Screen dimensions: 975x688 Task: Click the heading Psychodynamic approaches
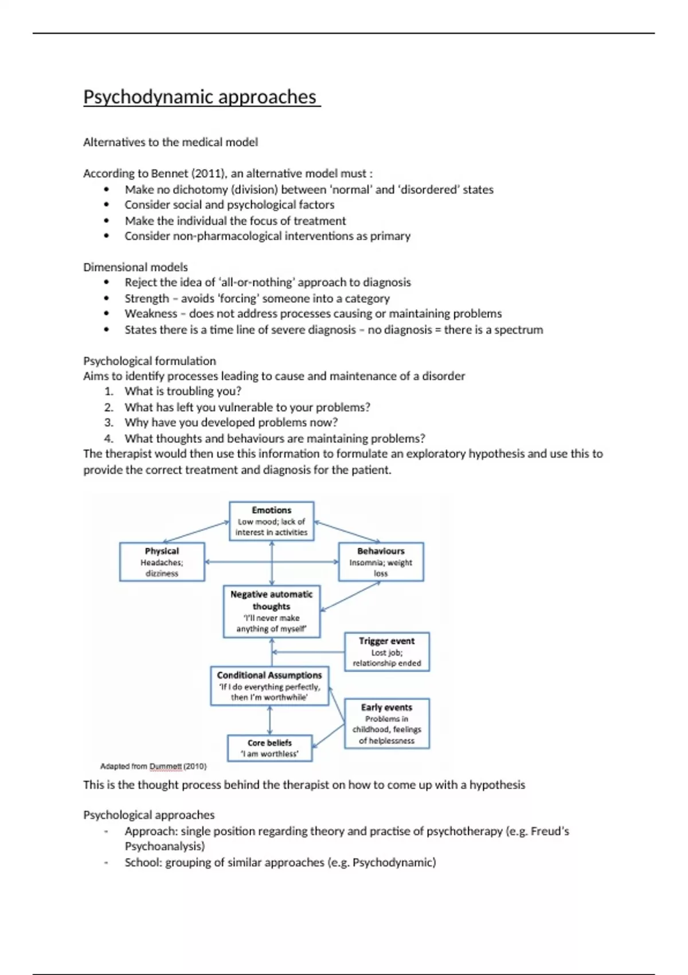(x=200, y=97)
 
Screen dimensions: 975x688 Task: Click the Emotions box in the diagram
(x=271, y=521)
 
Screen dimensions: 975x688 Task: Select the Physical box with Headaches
(x=162, y=561)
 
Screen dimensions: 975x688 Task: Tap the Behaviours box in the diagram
(x=381, y=561)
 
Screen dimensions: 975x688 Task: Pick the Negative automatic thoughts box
(x=271, y=611)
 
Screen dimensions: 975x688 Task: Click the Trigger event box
(x=386, y=652)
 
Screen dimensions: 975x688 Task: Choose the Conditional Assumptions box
(x=269, y=686)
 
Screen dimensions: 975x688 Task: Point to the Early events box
(x=386, y=723)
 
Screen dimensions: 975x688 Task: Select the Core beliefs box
(x=269, y=748)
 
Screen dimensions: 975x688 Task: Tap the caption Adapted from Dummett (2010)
(x=153, y=766)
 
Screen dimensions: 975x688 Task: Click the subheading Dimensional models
(x=135, y=267)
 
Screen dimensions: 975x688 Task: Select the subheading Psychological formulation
(x=150, y=361)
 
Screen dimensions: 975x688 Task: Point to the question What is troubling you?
(x=183, y=391)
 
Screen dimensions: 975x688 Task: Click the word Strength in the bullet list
(x=147, y=298)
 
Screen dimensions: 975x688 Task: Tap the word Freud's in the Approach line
(x=549, y=831)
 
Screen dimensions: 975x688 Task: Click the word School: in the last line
(x=143, y=862)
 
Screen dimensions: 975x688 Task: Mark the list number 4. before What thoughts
(x=109, y=439)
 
